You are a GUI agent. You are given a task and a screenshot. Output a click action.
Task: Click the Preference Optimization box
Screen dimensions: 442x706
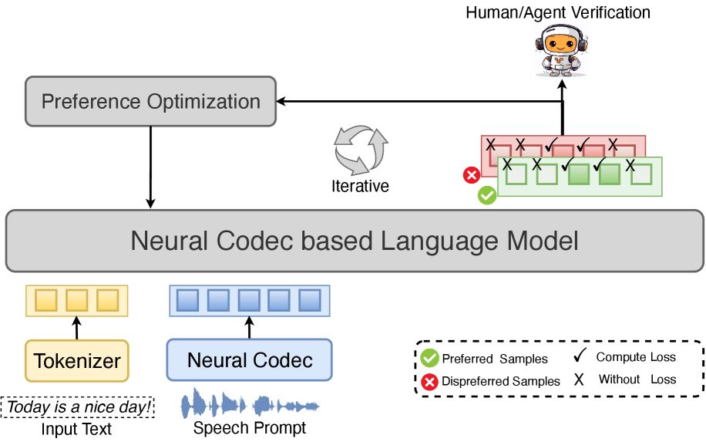(150, 101)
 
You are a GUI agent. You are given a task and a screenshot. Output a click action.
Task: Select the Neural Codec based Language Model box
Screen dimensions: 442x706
(354, 241)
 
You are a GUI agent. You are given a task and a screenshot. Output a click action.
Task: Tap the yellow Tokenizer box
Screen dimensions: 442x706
(76, 360)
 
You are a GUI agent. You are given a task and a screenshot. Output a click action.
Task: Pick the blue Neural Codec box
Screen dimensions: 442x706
(250, 360)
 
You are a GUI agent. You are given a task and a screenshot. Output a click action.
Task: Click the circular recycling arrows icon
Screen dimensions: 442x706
(360, 149)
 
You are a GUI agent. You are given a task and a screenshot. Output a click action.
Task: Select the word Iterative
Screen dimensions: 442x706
(360, 186)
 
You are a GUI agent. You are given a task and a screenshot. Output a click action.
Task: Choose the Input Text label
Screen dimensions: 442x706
(76, 429)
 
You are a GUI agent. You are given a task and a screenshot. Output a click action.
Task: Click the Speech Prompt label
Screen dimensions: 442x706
(250, 427)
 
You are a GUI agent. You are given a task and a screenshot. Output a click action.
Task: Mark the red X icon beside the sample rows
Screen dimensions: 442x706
(471, 176)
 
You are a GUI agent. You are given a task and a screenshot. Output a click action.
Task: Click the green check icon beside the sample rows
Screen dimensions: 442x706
(486, 196)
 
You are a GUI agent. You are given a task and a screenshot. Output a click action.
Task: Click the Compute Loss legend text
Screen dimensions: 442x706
(635, 357)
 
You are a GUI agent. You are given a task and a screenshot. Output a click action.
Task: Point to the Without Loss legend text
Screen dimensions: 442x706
(637, 380)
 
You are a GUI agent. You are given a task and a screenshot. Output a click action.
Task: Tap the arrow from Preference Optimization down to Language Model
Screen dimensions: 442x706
(150, 167)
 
